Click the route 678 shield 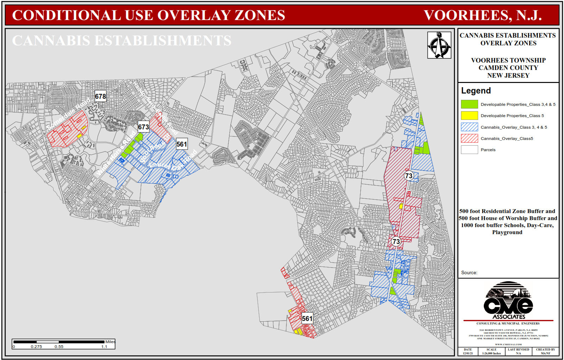click(100, 96)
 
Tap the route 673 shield click(143, 127)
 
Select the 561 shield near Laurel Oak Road click(182, 144)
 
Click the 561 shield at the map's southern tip click(307, 319)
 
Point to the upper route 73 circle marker click(408, 176)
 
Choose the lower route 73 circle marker click(396, 242)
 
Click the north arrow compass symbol click(439, 45)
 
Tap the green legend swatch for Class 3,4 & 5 click(469, 104)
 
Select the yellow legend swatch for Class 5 click(469, 116)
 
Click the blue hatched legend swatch click(469, 127)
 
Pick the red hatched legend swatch click(469, 138)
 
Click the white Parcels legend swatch click(469, 150)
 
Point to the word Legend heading click(476, 91)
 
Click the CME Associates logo click(508, 301)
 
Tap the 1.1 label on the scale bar click(104, 347)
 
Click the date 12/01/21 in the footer click(468, 353)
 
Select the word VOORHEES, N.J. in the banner click(482, 15)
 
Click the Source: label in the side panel click(469, 272)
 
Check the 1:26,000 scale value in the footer click(491, 353)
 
